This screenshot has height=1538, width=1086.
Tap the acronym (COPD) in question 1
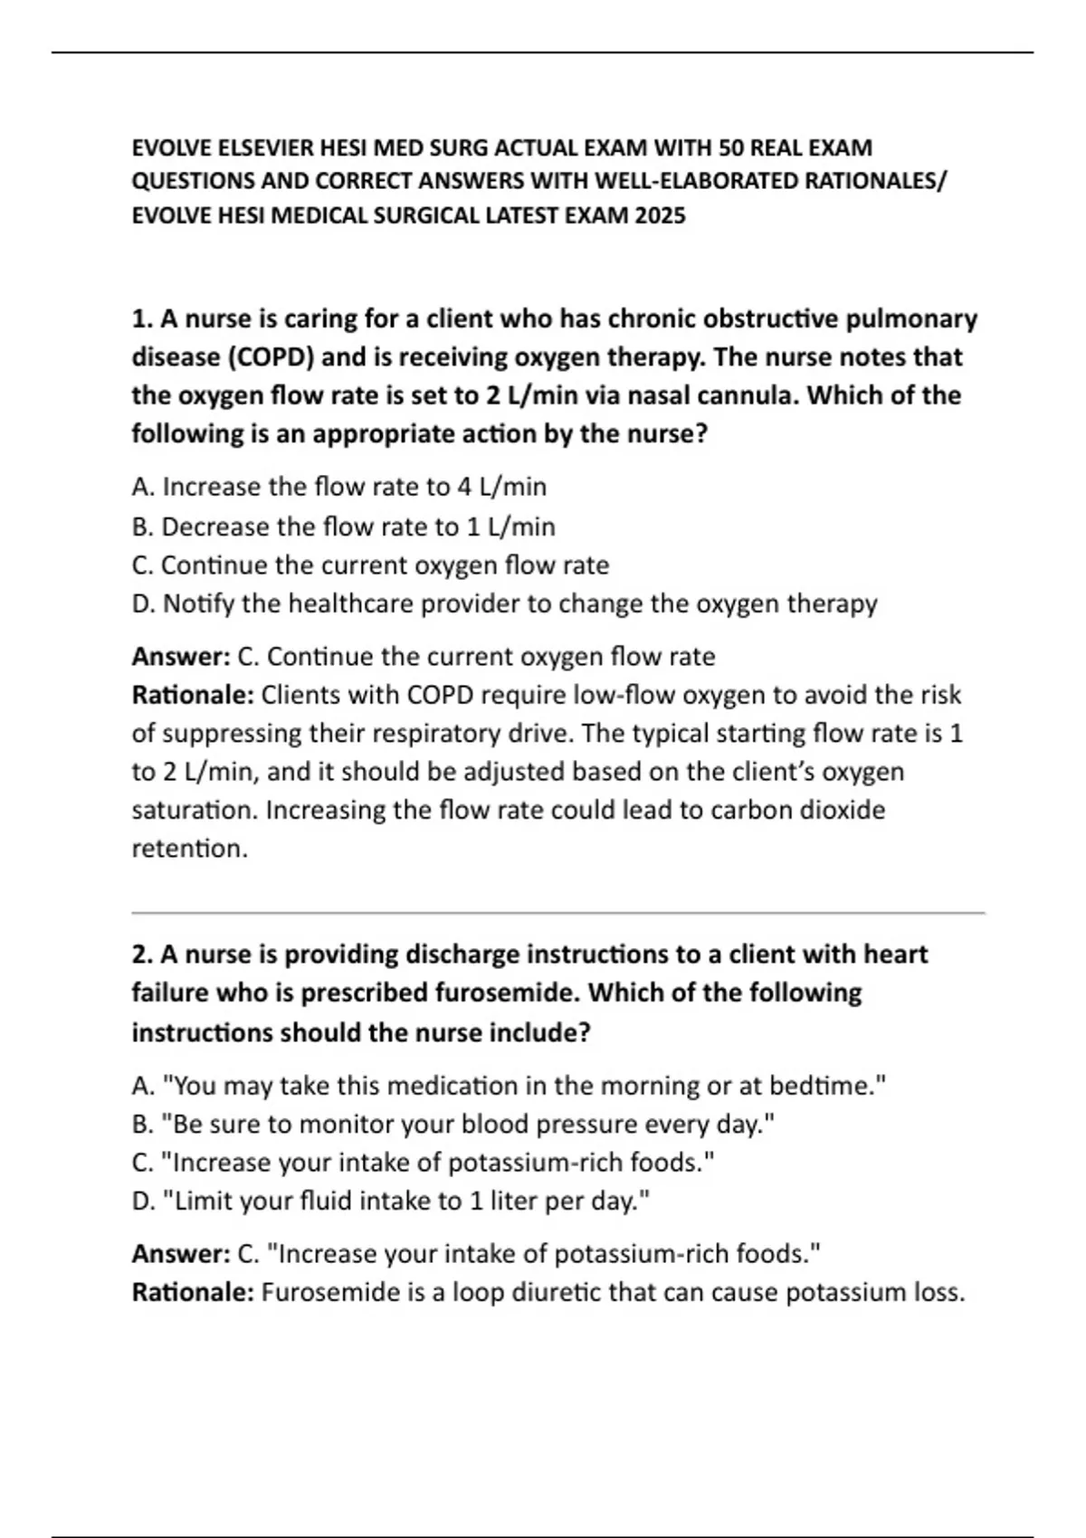click(270, 357)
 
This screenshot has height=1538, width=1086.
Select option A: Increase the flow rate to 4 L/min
click(338, 488)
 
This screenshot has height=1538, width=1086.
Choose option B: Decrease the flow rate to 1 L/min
click(343, 527)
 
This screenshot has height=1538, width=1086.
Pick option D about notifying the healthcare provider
click(504, 604)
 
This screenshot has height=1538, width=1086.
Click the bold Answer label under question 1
click(180, 657)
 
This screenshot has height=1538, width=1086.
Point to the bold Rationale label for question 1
click(192, 696)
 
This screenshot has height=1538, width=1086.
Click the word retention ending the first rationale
click(188, 850)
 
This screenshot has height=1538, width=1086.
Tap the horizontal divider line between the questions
click(557, 914)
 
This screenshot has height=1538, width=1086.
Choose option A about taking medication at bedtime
click(509, 1086)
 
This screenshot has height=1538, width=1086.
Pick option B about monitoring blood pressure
click(453, 1125)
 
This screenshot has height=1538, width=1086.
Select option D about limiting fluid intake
click(391, 1201)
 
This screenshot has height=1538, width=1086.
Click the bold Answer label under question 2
click(180, 1255)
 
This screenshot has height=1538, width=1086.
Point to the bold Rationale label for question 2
click(192, 1293)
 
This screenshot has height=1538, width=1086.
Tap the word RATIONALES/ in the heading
click(874, 182)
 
